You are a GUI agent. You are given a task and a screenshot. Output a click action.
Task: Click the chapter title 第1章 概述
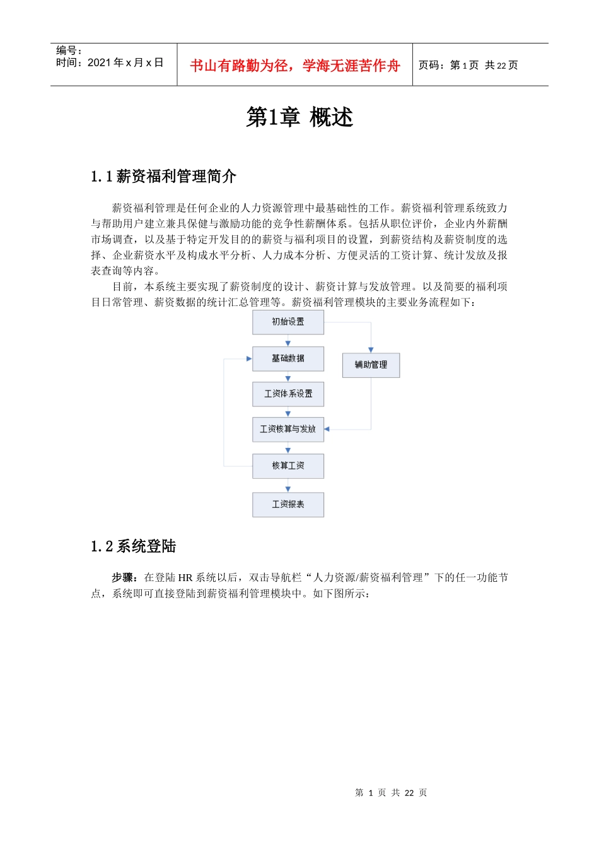click(299, 117)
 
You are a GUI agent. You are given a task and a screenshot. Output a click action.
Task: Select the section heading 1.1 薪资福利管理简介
click(163, 177)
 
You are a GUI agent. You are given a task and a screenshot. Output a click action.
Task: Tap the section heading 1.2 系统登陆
click(133, 546)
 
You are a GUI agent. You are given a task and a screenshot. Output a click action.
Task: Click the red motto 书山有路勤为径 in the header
click(295, 66)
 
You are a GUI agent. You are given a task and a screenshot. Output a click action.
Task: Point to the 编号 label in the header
click(69, 50)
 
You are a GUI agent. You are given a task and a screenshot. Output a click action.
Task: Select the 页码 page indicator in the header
click(468, 65)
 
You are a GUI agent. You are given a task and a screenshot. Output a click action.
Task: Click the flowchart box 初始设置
click(288, 322)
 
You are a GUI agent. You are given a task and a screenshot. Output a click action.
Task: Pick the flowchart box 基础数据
click(288, 358)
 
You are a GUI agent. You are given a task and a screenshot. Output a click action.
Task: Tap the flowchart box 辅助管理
click(371, 365)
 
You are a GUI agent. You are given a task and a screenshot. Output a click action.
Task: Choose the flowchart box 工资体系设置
click(288, 394)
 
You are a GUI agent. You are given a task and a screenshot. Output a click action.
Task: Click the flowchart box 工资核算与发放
click(288, 429)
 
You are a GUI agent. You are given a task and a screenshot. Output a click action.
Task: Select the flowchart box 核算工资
click(288, 466)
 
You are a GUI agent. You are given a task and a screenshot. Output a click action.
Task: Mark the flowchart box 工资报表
click(288, 505)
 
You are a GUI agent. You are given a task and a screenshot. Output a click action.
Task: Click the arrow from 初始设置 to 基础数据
click(288, 341)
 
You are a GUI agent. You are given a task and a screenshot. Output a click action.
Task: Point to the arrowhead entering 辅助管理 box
click(371, 350)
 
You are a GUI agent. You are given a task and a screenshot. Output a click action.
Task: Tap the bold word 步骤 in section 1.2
click(123, 577)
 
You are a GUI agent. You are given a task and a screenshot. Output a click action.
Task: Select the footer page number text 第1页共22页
click(391, 792)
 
